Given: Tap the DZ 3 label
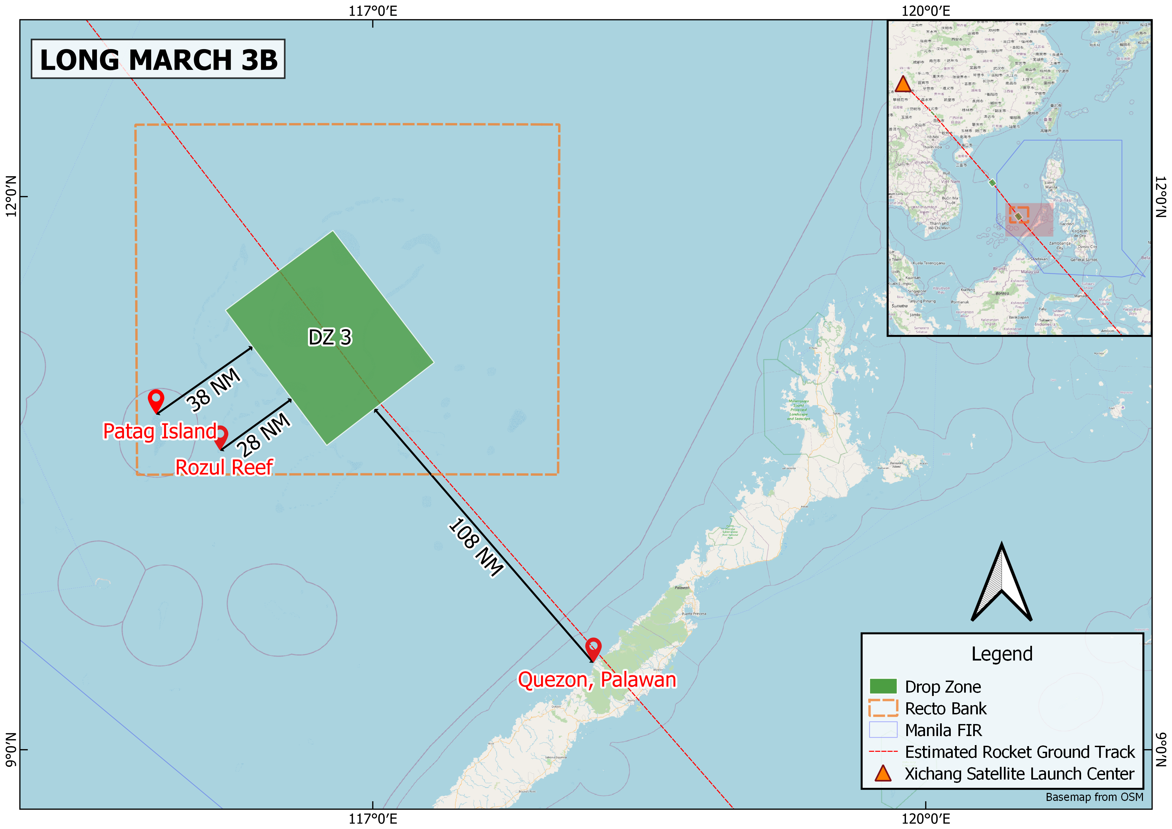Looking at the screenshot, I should point(330,337).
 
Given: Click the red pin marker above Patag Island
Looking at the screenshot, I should point(156,400).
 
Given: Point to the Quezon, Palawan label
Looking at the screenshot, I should point(597,680).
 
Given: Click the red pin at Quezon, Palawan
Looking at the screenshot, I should point(593,648).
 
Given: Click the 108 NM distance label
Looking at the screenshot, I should point(476,547).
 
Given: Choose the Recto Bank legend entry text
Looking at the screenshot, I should point(946,709).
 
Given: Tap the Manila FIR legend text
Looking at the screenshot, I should point(943,730).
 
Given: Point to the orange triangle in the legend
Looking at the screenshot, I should point(883,774).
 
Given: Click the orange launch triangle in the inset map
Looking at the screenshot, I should point(903,85).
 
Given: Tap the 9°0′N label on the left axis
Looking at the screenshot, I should point(11,749).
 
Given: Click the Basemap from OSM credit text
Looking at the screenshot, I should point(1094,797).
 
